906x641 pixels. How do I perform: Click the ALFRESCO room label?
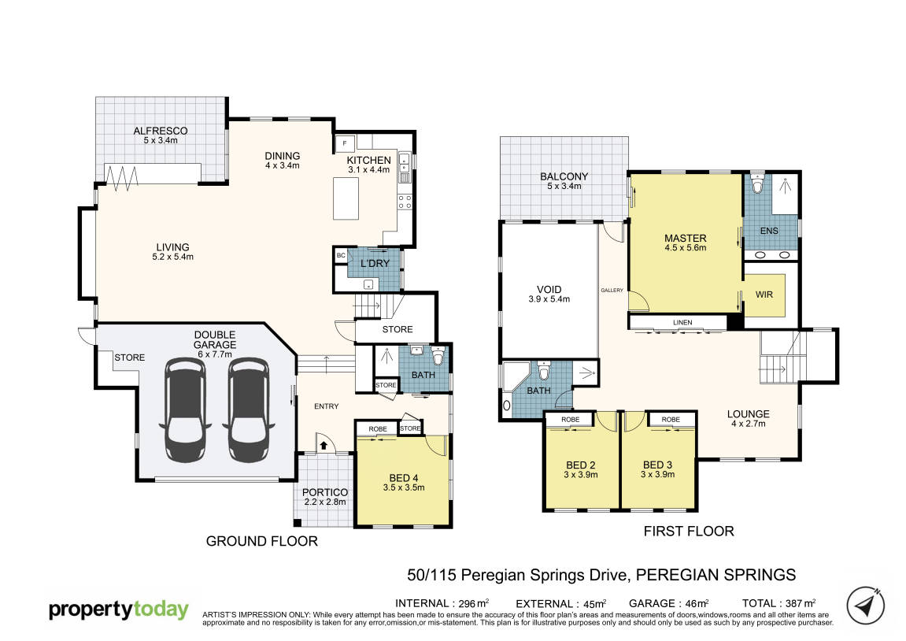click(x=160, y=132)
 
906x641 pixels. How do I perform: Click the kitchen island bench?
click(x=346, y=198)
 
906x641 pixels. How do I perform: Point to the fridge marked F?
click(x=345, y=143)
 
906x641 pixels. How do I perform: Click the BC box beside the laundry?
click(x=341, y=255)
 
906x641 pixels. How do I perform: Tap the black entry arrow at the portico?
click(x=324, y=445)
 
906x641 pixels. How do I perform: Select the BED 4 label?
click(x=404, y=478)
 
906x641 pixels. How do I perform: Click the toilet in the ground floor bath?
click(x=438, y=356)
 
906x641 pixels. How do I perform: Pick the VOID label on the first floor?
click(x=549, y=290)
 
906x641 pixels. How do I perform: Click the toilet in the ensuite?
click(x=757, y=183)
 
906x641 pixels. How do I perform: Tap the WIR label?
click(x=764, y=295)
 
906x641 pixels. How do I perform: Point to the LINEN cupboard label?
click(x=682, y=323)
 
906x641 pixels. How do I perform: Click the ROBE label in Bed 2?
click(x=571, y=420)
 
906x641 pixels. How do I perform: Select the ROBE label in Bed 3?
click(x=671, y=420)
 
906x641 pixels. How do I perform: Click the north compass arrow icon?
click(x=865, y=606)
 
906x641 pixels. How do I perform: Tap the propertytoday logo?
click(x=118, y=610)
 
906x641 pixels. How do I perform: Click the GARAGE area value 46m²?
click(x=697, y=603)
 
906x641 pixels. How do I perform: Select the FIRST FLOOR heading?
click(x=689, y=532)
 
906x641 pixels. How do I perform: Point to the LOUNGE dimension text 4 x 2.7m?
click(x=749, y=424)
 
